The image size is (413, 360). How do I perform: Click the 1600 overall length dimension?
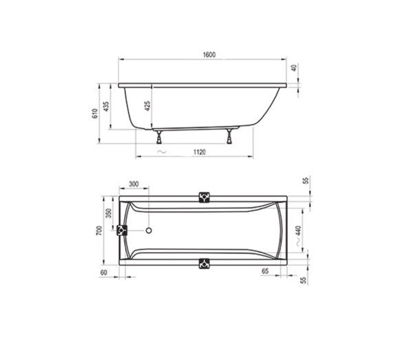(x=209, y=55)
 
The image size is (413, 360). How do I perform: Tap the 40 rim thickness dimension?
(x=294, y=67)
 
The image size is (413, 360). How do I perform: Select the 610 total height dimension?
(x=95, y=114)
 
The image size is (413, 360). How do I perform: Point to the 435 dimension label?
(x=106, y=107)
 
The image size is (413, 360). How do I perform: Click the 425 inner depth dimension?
(x=148, y=106)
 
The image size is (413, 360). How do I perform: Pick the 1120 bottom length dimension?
(x=200, y=152)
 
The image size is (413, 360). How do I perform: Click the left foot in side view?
(x=159, y=137)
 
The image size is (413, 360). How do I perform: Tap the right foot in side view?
(x=230, y=136)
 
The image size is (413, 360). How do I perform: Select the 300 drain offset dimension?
(x=134, y=184)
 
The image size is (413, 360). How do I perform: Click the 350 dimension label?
(x=109, y=213)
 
